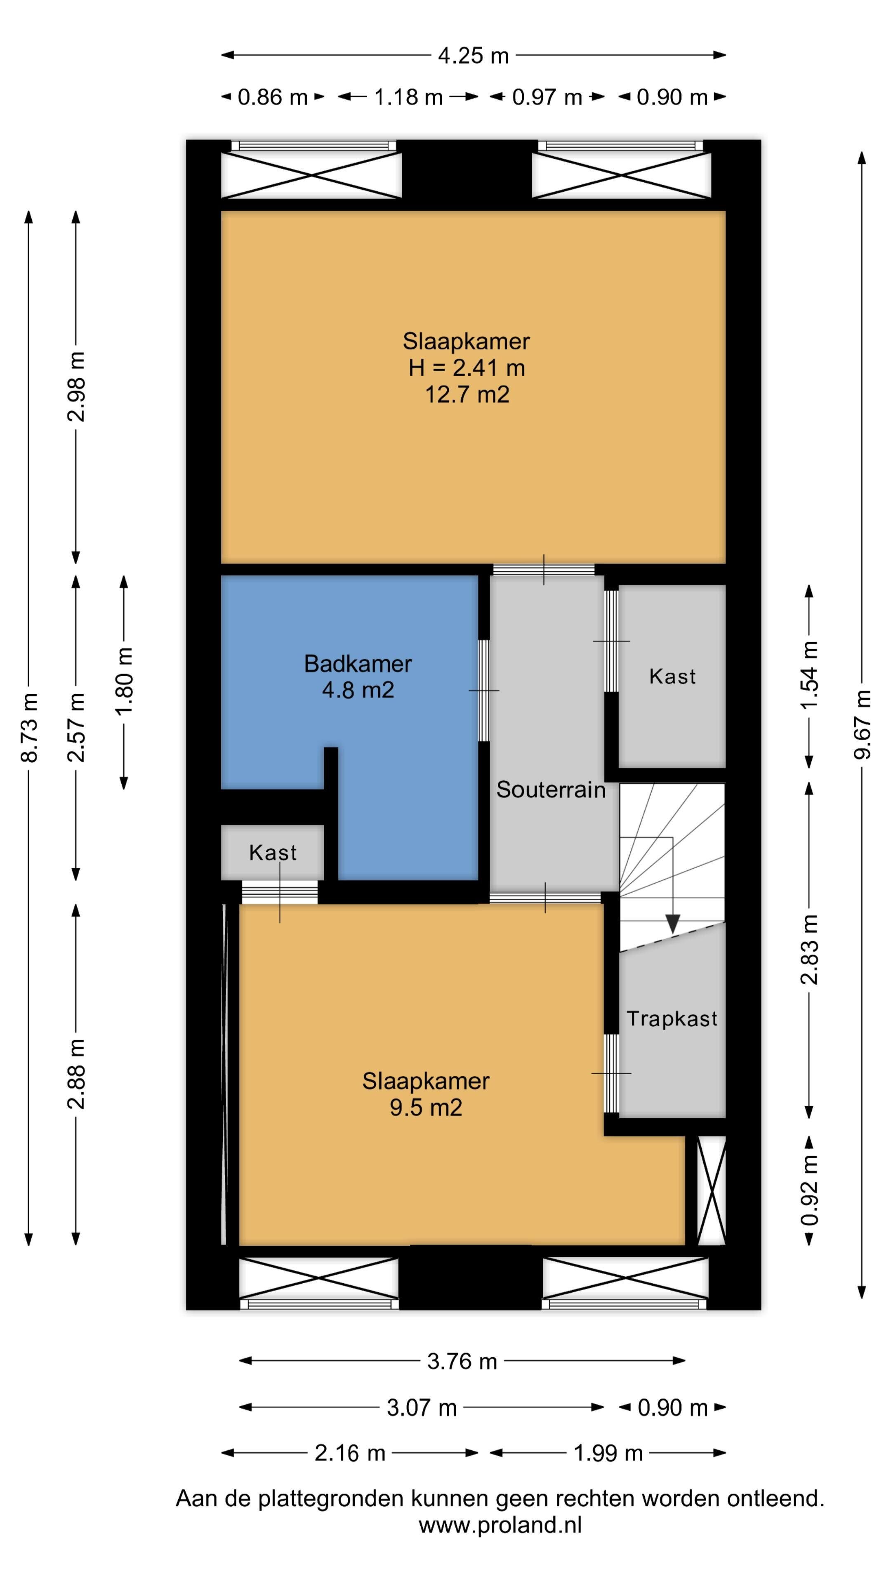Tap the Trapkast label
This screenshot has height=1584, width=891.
click(672, 1019)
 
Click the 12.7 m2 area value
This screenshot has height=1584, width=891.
click(467, 394)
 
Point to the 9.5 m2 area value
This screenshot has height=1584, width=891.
click(426, 1108)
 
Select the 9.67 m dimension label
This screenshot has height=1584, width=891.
click(862, 724)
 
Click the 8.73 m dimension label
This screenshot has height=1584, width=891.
click(29, 727)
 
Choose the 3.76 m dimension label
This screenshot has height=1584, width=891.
click(462, 1361)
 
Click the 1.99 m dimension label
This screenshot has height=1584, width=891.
click(608, 1453)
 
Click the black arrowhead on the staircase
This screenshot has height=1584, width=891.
click(673, 924)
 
